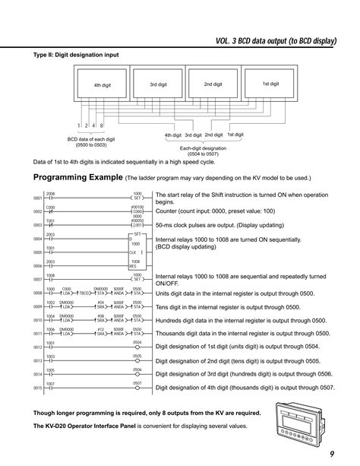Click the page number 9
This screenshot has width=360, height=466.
click(x=332, y=454)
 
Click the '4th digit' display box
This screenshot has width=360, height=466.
click(x=103, y=86)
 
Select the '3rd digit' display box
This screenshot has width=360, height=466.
click(x=158, y=84)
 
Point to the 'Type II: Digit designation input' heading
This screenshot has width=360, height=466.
click(x=75, y=55)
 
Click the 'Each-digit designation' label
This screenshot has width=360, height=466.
click(x=204, y=148)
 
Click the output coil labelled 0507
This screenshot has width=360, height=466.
click(x=137, y=388)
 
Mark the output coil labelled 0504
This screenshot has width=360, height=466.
click(x=137, y=347)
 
